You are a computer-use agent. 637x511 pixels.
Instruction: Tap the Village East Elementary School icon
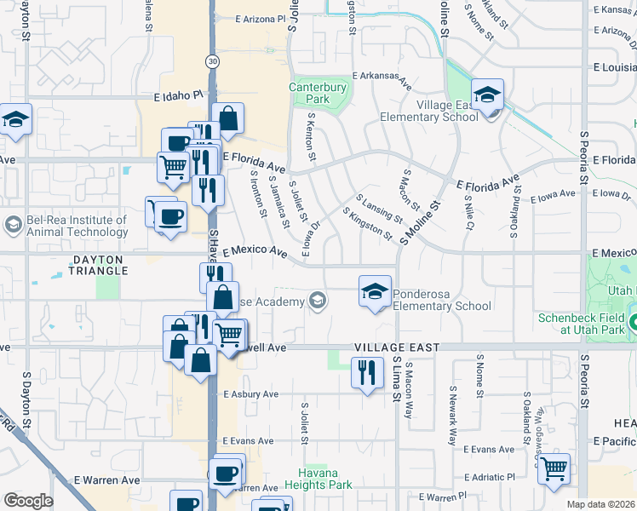(x=487, y=95)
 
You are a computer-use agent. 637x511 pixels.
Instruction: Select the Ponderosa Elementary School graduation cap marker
(x=374, y=291)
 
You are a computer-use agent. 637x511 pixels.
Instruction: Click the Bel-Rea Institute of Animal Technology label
(x=76, y=226)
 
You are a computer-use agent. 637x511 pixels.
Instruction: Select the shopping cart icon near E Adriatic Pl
(x=554, y=468)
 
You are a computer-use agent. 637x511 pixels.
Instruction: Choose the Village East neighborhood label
(x=397, y=347)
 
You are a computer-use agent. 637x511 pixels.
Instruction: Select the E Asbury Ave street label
(x=250, y=394)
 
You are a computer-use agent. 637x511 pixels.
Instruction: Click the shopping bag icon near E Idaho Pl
(x=227, y=118)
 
